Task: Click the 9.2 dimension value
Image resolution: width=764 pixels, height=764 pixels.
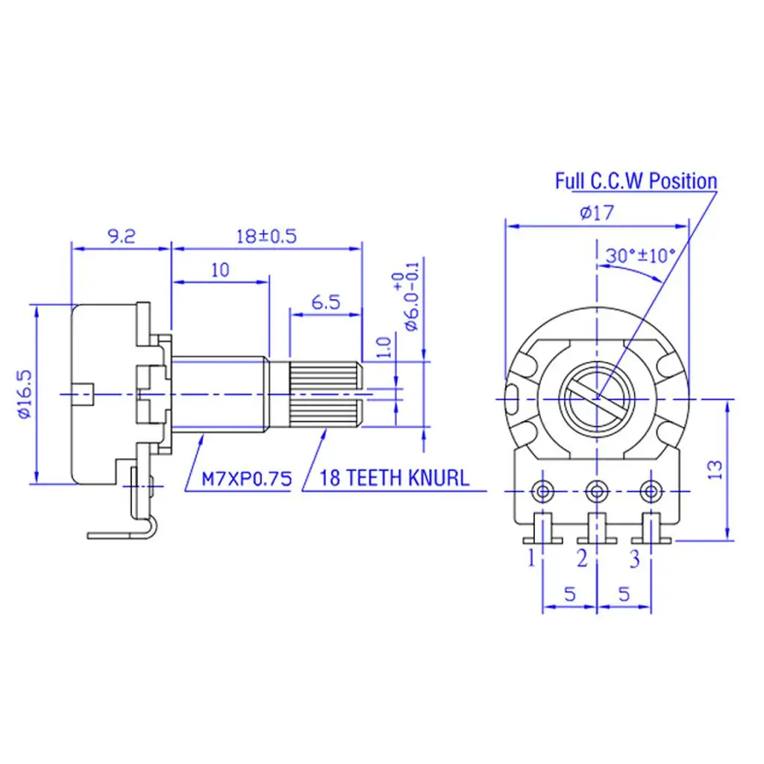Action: [x=122, y=237]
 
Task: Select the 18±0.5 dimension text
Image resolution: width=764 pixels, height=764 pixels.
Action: [x=266, y=237]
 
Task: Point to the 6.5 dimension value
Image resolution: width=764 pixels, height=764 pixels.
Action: [x=325, y=303]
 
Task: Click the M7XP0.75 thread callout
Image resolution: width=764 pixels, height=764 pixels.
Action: [x=246, y=478]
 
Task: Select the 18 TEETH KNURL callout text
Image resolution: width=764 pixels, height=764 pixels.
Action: [x=395, y=478]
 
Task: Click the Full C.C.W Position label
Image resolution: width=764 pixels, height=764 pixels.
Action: [x=636, y=181]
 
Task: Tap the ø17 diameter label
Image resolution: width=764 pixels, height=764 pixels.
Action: [x=597, y=213]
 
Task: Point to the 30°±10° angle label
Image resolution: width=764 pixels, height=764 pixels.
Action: [x=639, y=255]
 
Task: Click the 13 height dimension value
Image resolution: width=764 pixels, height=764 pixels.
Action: [x=715, y=470]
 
